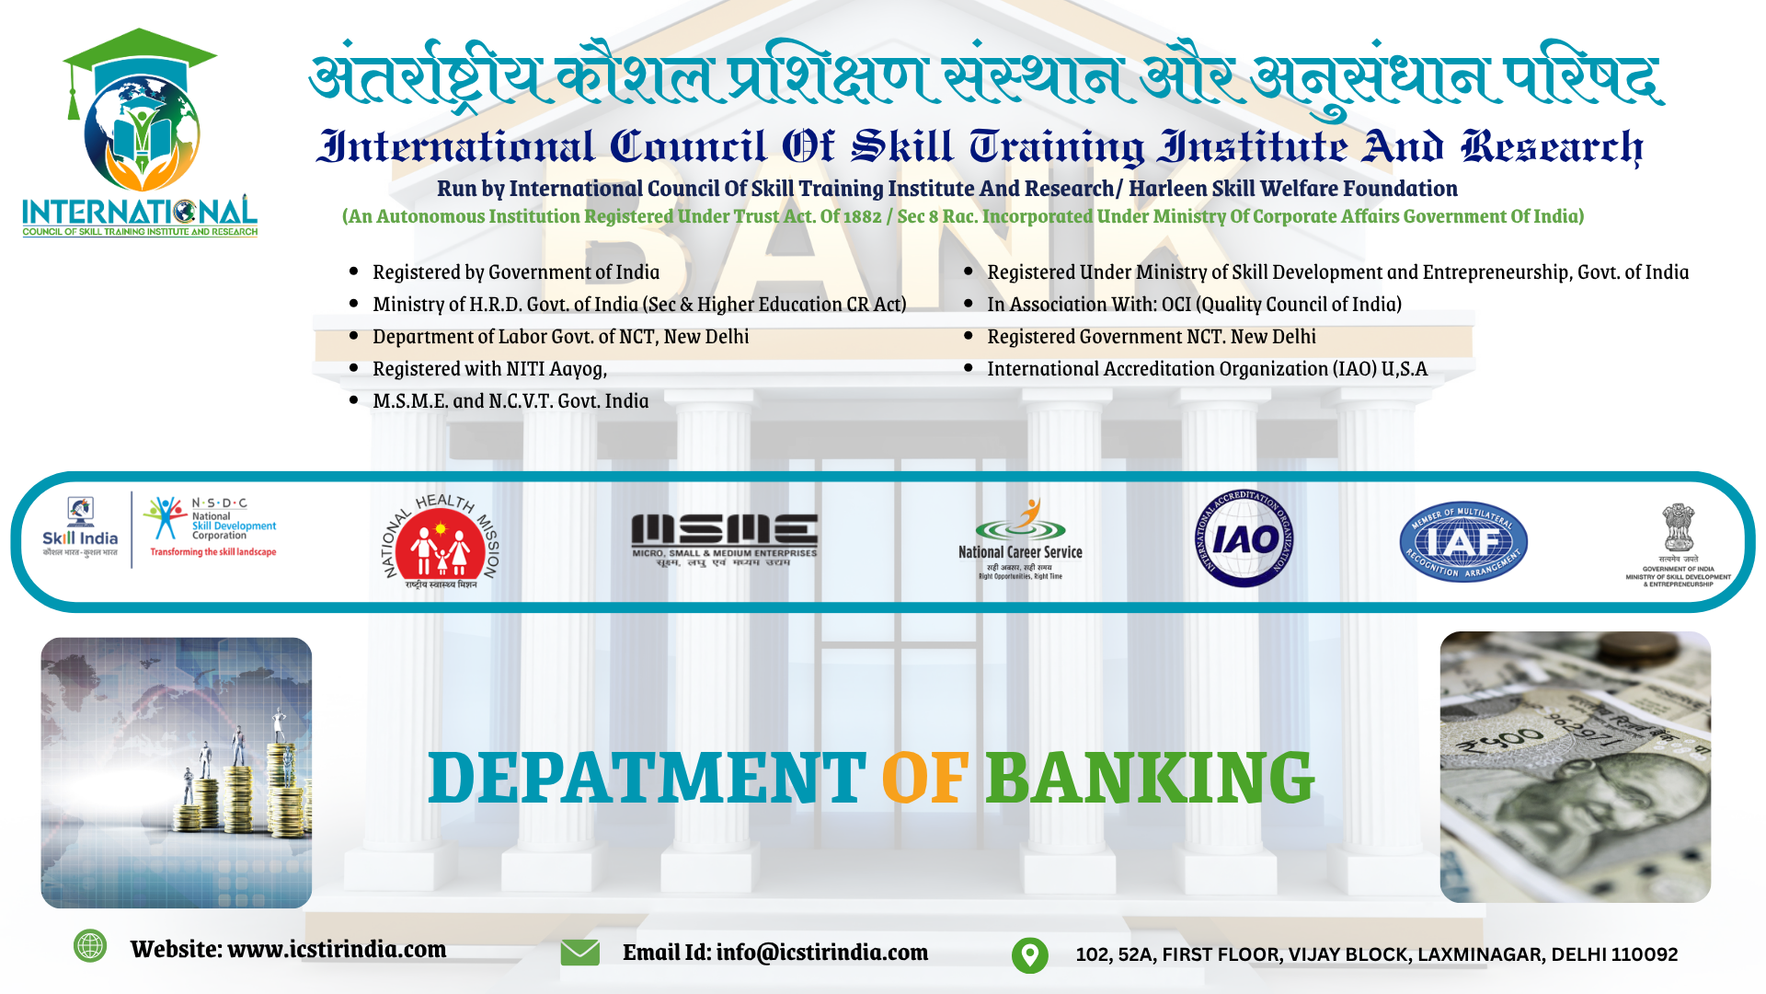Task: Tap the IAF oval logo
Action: point(1462,543)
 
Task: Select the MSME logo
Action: point(724,539)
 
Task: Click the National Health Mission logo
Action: point(441,541)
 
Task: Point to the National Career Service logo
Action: point(1020,539)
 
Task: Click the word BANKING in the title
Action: point(1150,778)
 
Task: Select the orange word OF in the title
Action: point(924,779)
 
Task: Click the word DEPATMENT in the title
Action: point(647,778)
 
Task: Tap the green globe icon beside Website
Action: point(90,945)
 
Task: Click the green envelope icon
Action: point(579,953)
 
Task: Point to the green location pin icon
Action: point(1029,954)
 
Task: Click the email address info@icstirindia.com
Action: point(821,953)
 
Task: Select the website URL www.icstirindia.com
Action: point(337,949)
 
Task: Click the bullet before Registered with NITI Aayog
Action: point(354,368)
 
